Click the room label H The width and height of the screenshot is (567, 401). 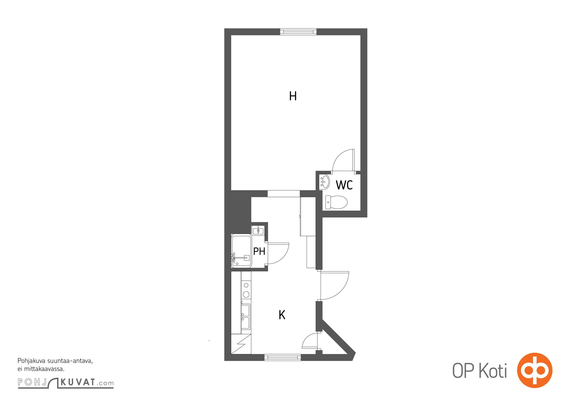click(x=293, y=96)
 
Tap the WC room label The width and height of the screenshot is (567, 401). click(x=344, y=185)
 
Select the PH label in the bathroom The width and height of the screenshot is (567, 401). click(x=259, y=251)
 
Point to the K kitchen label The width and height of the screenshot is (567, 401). click(x=282, y=315)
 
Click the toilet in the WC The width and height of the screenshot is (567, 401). click(x=336, y=202)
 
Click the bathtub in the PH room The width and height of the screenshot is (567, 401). click(x=241, y=251)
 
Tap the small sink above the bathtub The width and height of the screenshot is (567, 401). click(x=258, y=230)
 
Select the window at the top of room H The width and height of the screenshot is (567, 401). click(x=298, y=32)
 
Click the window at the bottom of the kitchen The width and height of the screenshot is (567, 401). click(x=282, y=357)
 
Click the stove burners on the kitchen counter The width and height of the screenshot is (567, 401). click(x=246, y=290)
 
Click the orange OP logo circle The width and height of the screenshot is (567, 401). click(x=535, y=370)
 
